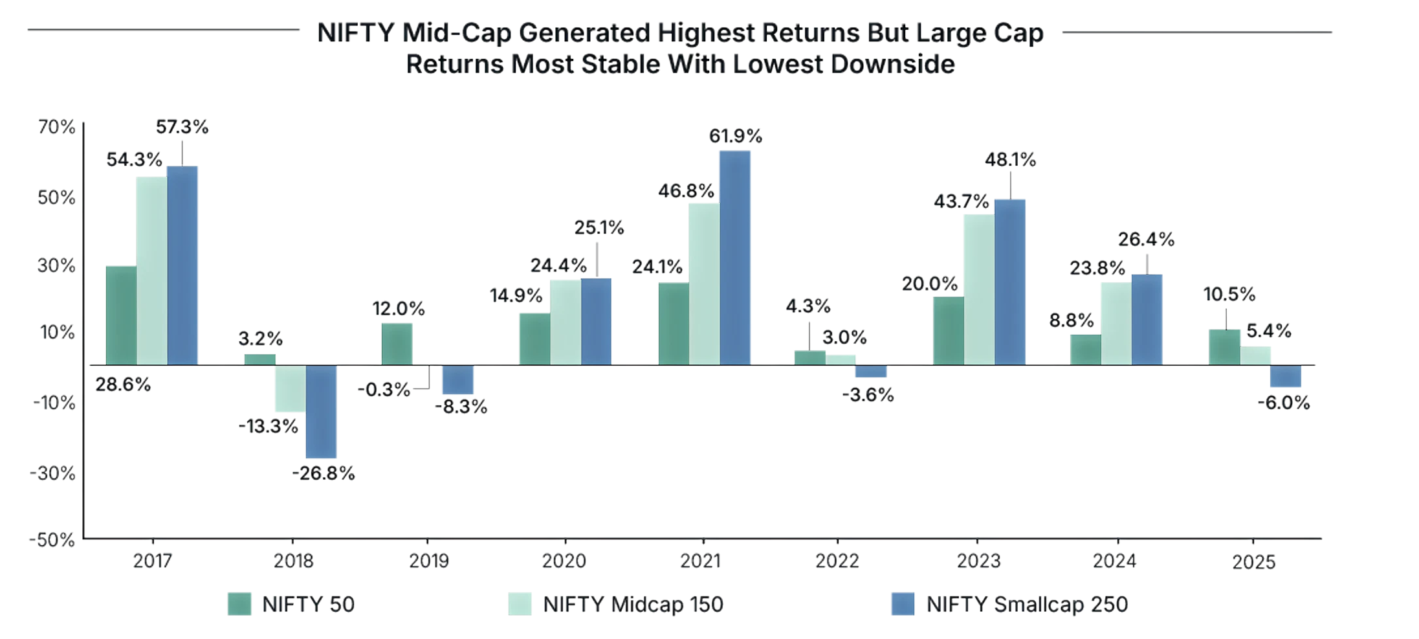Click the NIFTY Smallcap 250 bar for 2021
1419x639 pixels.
pos(736,257)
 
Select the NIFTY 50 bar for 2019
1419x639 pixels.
pos(397,343)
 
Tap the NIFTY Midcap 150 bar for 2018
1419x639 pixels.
pos(289,389)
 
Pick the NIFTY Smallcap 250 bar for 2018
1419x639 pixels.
pos(322,412)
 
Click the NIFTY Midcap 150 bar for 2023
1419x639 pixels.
pos(978,289)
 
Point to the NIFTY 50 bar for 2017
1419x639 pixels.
pos(121,315)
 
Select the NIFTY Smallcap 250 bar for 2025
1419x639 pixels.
pos(1286,377)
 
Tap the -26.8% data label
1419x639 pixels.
pos(324,474)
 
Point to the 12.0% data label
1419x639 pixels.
pos(399,309)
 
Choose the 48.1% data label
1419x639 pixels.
pos(1010,160)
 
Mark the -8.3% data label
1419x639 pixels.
pos(461,408)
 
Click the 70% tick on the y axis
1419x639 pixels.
pos(56,128)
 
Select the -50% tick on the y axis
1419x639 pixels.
pos(52,541)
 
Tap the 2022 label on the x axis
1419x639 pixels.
pos(837,561)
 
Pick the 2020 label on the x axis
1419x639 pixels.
pos(564,561)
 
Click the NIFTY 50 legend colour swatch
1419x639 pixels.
pos(239,604)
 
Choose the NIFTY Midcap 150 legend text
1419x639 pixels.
pos(633,605)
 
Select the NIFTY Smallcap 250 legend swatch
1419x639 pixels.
pos(903,604)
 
